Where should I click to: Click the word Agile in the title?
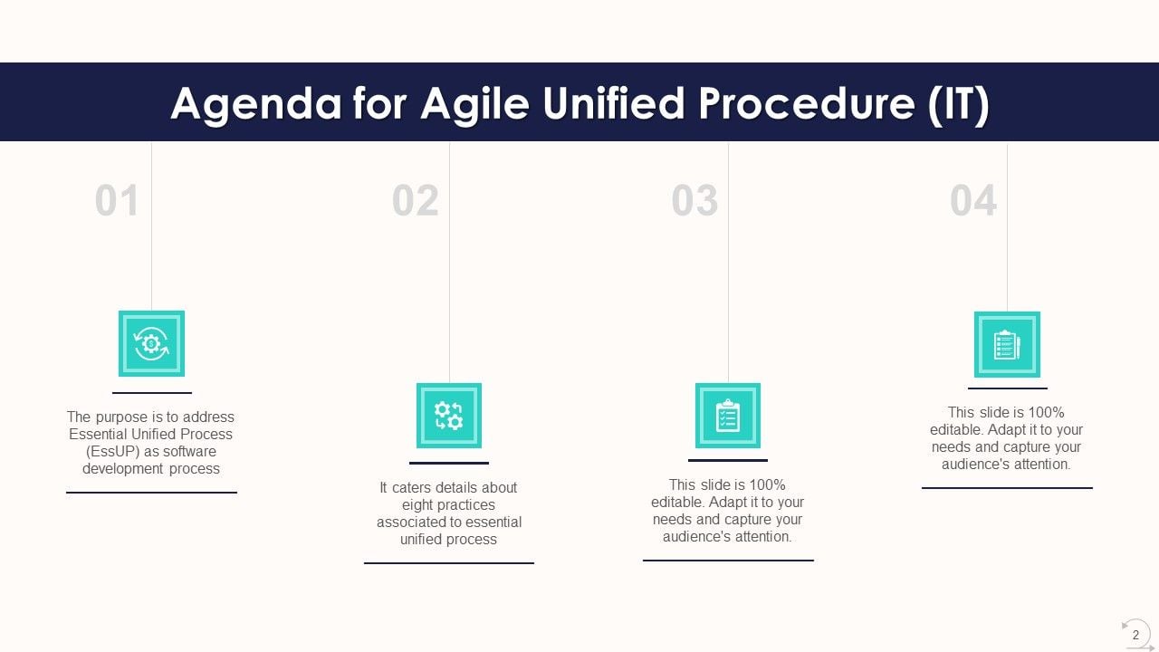point(474,104)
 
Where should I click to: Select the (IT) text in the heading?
point(958,104)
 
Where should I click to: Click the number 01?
point(117,201)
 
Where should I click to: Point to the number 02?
point(415,201)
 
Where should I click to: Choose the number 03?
point(694,201)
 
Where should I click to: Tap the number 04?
point(972,201)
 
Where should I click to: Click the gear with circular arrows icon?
point(151,343)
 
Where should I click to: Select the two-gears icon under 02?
point(449,416)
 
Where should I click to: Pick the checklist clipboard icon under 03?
point(728,416)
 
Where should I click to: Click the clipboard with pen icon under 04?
point(1007,344)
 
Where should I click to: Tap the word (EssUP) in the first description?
point(113,451)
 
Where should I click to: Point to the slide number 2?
point(1135,635)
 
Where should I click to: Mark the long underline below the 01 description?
point(151,493)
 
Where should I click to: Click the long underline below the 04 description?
point(1007,488)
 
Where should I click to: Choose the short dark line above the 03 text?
point(728,461)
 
